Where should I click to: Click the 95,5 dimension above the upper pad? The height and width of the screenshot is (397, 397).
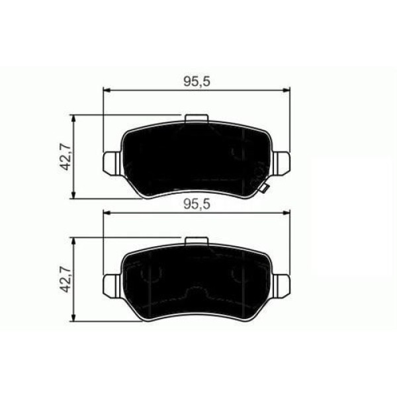click(197, 81)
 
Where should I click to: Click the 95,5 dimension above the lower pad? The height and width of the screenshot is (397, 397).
click(197, 204)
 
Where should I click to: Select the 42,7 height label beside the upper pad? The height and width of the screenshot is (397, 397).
click(64, 157)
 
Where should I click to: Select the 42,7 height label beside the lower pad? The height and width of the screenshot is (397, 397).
click(64, 279)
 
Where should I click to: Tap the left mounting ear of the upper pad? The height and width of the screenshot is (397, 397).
click(112, 163)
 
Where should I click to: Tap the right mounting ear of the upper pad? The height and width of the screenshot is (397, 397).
click(281, 163)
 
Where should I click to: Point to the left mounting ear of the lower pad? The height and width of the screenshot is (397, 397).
click(112, 286)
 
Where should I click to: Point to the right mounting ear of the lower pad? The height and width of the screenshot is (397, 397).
click(281, 286)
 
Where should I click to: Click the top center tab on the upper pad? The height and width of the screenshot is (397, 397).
click(197, 118)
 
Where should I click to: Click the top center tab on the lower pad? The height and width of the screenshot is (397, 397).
click(197, 241)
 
